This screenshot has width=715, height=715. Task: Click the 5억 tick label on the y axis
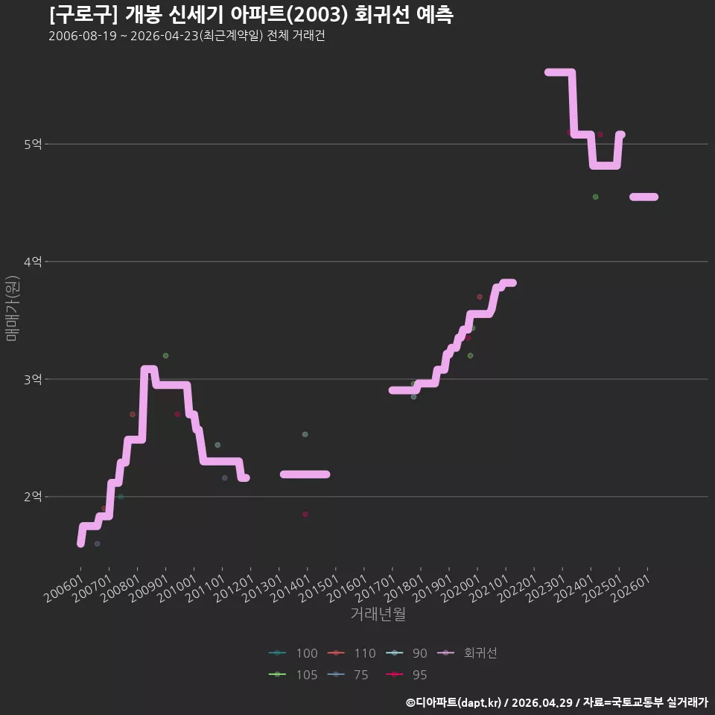pyautogui.click(x=33, y=144)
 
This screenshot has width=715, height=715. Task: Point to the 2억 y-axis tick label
pyautogui.click(x=33, y=497)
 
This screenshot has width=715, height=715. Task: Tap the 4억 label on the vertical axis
pyautogui.click(x=33, y=261)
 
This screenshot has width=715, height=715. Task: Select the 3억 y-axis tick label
pyautogui.click(x=33, y=379)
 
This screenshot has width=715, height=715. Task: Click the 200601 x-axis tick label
pyautogui.click(x=64, y=588)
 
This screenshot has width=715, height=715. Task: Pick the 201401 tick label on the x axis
pyautogui.click(x=291, y=588)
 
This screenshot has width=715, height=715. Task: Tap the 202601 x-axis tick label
pyautogui.click(x=631, y=588)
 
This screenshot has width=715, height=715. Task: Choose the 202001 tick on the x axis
pyautogui.click(x=461, y=588)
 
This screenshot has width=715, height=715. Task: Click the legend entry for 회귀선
pyautogui.click(x=467, y=653)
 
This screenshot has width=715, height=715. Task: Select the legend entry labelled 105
pyautogui.click(x=293, y=675)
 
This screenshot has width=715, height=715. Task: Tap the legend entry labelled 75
pyautogui.click(x=348, y=675)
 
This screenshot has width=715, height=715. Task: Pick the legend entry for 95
pyautogui.click(x=407, y=675)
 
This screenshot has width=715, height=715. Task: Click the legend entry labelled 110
pyautogui.click(x=352, y=653)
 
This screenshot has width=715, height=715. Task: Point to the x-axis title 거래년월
pyautogui.click(x=378, y=614)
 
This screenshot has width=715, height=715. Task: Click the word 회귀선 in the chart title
pyautogui.click(x=381, y=15)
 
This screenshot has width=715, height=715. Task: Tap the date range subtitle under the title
pyautogui.click(x=187, y=36)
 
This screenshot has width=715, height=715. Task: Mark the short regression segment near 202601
pyautogui.click(x=643, y=197)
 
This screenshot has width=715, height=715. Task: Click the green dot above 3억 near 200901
pyautogui.click(x=165, y=356)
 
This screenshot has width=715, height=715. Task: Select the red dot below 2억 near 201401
pyautogui.click(x=305, y=515)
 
